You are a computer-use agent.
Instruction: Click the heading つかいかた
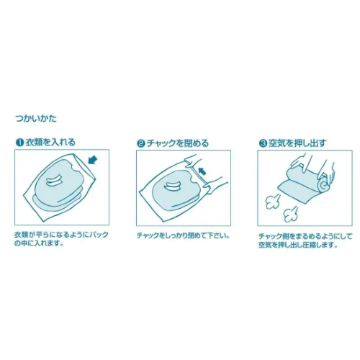point(36,119)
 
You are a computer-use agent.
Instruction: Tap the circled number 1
point(19,143)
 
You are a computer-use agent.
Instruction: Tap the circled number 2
point(141,143)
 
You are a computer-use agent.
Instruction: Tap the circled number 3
point(263,143)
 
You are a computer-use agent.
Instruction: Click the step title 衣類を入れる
point(50,143)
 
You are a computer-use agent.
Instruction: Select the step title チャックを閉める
point(178,143)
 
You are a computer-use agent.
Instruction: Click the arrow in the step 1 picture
point(93,160)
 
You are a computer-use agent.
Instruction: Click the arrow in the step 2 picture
point(202,171)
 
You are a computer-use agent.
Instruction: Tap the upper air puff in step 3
point(273,201)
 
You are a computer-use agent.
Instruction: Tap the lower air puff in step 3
point(291,215)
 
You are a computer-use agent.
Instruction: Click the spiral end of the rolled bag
point(325,186)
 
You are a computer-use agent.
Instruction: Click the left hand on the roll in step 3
point(301,161)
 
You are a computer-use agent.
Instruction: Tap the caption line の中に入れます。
point(39,244)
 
